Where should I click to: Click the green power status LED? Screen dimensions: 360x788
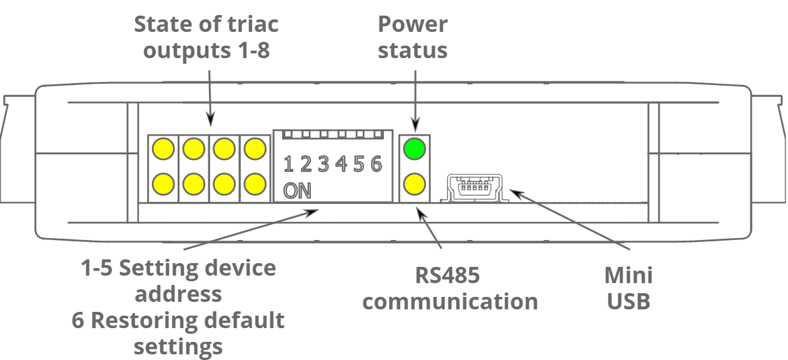point(414,149)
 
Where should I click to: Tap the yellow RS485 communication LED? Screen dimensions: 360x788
point(414,184)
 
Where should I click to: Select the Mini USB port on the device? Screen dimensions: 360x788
point(475,187)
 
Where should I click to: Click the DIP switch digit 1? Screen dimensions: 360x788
point(289,164)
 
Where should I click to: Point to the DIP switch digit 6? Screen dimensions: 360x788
point(376,164)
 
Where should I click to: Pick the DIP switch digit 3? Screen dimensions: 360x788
point(323,164)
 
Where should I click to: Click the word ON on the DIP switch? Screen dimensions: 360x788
point(297,191)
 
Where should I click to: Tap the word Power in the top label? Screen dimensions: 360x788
point(413,24)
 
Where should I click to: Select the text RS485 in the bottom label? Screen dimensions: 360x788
point(447,275)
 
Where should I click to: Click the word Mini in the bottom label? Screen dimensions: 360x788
point(629,275)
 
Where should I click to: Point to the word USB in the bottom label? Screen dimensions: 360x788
point(629,302)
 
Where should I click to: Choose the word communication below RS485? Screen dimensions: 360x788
point(450,302)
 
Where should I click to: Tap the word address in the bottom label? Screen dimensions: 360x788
point(178,294)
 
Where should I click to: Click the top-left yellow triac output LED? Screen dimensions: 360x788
point(164,149)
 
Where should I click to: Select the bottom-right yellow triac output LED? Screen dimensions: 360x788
point(254,184)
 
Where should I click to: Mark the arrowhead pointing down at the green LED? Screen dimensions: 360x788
point(414,123)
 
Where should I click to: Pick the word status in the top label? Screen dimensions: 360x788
point(413,50)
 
